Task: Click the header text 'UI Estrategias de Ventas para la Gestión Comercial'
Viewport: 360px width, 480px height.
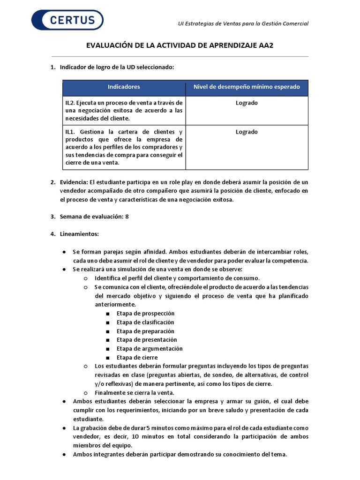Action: click(x=243, y=24)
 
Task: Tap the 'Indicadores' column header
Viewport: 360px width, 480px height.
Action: click(x=124, y=87)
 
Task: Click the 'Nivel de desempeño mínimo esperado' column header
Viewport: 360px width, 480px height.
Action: click(x=247, y=87)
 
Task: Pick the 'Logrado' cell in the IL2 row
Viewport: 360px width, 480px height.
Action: click(x=247, y=103)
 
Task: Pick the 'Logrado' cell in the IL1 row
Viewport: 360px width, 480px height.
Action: click(x=247, y=132)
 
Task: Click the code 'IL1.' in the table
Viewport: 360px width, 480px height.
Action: click(x=70, y=132)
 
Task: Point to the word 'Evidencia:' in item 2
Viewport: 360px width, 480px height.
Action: click(x=74, y=182)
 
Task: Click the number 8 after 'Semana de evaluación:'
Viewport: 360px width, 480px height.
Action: click(x=127, y=217)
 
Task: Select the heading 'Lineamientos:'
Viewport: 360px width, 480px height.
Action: click(x=79, y=233)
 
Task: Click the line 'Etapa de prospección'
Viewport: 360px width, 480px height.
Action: click(x=145, y=313)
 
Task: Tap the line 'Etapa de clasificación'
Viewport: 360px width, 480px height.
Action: click(x=145, y=322)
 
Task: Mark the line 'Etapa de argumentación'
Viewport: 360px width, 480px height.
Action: click(x=150, y=349)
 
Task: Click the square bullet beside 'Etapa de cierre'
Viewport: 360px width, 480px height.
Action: click(x=108, y=358)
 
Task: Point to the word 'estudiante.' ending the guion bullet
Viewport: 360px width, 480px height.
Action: click(x=89, y=419)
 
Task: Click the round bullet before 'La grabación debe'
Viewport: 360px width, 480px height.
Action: click(x=64, y=428)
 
